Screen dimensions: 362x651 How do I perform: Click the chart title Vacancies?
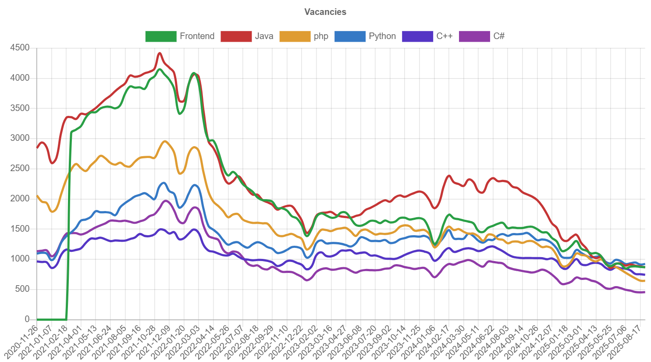click(x=325, y=12)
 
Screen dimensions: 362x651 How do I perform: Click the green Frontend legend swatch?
click(x=160, y=36)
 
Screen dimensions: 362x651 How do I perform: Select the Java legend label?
click(x=264, y=36)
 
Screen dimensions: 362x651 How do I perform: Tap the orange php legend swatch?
click(x=295, y=36)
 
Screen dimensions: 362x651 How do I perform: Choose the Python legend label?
click(x=382, y=36)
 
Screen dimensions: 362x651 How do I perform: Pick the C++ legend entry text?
click(x=444, y=36)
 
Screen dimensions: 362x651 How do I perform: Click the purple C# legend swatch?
click(x=474, y=36)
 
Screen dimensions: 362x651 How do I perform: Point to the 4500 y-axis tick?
click(x=20, y=47)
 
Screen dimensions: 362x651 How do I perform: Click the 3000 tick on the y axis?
click(x=20, y=138)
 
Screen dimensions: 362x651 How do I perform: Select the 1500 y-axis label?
click(x=20, y=229)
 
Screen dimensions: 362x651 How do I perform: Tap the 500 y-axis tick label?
click(x=23, y=289)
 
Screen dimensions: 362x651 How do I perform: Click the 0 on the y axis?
click(x=27, y=319)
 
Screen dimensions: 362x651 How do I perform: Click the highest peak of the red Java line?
click(x=160, y=53)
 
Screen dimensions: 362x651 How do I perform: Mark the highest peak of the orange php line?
click(x=165, y=141)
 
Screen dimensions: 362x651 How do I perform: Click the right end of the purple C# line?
click(x=644, y=292)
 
